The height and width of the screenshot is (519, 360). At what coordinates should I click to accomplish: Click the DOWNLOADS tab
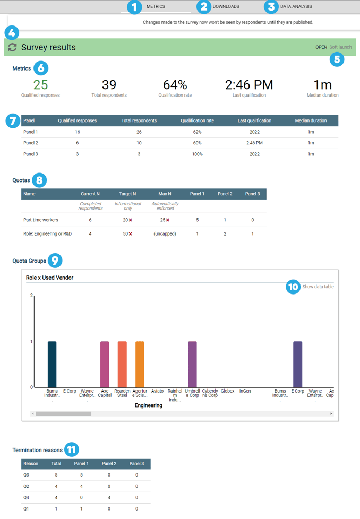pyautogui.click(x=226, y=7)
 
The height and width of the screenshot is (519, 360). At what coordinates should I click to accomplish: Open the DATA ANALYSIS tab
pyautogui.click(x=296, y=7)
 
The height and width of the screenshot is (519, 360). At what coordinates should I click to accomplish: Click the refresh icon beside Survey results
pyautogui.click(x=12, y=48)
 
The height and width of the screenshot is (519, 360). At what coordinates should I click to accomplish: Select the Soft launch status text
pyautogui.click(x=340, y=47)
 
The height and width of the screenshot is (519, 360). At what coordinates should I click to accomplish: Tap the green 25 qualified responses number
pyautogui.click(x=40, y=85)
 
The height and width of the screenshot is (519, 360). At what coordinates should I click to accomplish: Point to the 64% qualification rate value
pyautogui.click(x=175, y=85)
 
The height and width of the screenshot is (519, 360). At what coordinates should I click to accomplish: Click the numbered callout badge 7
pyautogui.click(x=13, y=120)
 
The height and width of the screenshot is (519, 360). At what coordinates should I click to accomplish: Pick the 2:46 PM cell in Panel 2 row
pyautogui.click(x=254, y=143)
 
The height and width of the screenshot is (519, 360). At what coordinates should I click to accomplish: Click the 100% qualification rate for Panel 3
pyautogui.click(x=197, y=154)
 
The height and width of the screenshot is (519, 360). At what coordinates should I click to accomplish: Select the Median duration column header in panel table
pyautogui.click(x=311, y=120)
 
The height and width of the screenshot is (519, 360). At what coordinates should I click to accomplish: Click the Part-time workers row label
pyautogui.click(x=41, y=220)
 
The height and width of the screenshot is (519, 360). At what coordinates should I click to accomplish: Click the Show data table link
pyautogui.click(x=318, y=287)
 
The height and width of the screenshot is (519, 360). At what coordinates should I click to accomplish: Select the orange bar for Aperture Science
pyautogui.click(x=140, y=364)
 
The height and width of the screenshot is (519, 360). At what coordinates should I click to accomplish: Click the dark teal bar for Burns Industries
pyautogui.click(x=52, y=364)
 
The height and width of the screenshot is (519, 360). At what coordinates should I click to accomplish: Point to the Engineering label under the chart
pyautogui.click(x=149, y=405)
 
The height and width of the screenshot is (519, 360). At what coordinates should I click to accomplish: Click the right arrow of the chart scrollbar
pyautogui.click(x=331, y=413)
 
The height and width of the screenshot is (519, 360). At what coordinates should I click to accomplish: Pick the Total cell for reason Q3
pyautogui.click(x=56, y=475)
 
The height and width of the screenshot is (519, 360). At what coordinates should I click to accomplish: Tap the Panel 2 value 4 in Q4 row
pyautogui.click(x=109, y=497)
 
